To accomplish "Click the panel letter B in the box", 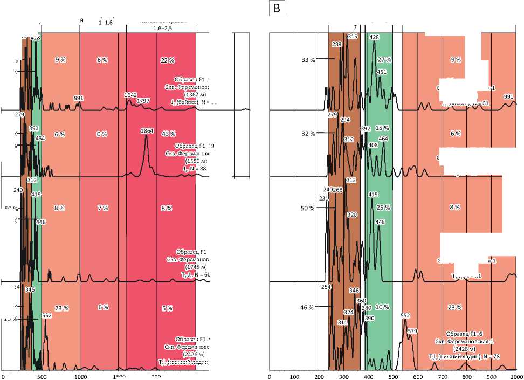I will (278, 9).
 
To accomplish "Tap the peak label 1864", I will (147, 131).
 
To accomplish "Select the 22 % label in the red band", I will (166, 60).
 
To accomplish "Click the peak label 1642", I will (130, 95).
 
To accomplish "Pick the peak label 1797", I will (143, 101).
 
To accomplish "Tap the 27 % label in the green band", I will (384, 60).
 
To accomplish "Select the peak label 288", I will (337, 44).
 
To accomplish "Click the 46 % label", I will (307, 307).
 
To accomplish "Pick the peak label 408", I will (373, 146).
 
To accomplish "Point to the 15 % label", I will (382, 128).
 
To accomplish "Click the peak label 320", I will (352, 215).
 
